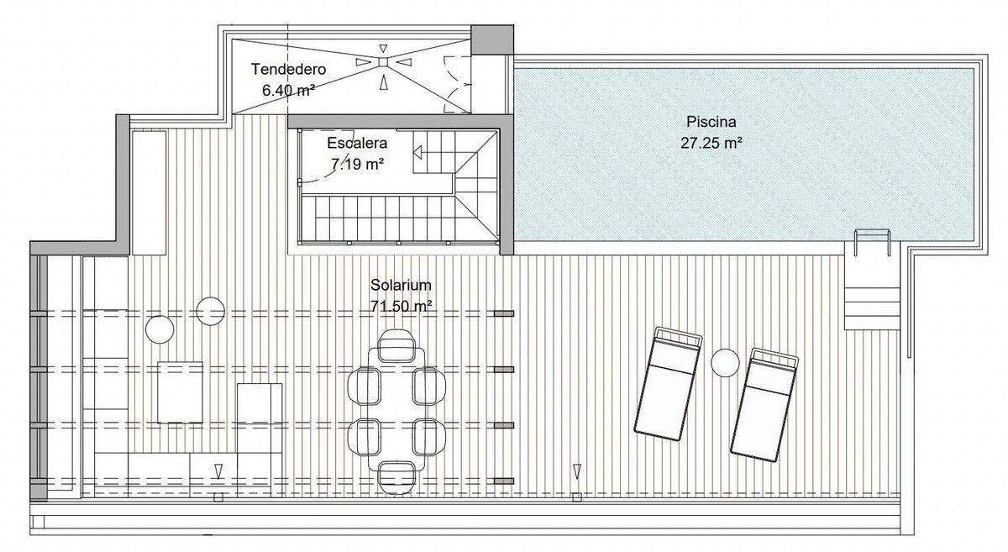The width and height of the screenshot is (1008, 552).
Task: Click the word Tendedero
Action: tap(288, 70)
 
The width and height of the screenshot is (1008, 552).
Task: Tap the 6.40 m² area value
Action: tap(288, 91)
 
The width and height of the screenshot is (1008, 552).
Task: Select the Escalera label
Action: tap(357, 143)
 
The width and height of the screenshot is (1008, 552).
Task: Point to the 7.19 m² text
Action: tap(357, 165)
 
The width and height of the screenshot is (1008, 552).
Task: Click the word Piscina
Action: tap(711, 122)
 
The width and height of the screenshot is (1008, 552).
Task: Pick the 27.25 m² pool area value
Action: tap(711, 143)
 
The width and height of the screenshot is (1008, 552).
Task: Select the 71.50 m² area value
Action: tap(401, 306)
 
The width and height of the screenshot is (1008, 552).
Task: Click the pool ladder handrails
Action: tap(873, 242)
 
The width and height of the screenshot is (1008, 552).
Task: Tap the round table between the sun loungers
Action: tap(725, 362)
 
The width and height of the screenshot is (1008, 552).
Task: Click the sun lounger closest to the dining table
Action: tap(669, 384)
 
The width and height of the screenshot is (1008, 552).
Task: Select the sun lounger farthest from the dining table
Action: tap(764, 405)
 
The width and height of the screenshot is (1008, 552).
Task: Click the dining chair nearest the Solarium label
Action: tap(396, 346)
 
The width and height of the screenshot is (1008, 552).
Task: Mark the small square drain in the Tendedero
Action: tap(383, 62)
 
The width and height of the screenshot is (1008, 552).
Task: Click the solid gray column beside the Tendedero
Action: tap(492, 40)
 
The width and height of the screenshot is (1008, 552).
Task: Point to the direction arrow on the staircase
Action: tap(417, 153)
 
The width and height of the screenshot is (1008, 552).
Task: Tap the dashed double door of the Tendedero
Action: tap(457, 85)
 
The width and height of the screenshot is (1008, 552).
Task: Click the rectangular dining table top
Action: tap(396, 409)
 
